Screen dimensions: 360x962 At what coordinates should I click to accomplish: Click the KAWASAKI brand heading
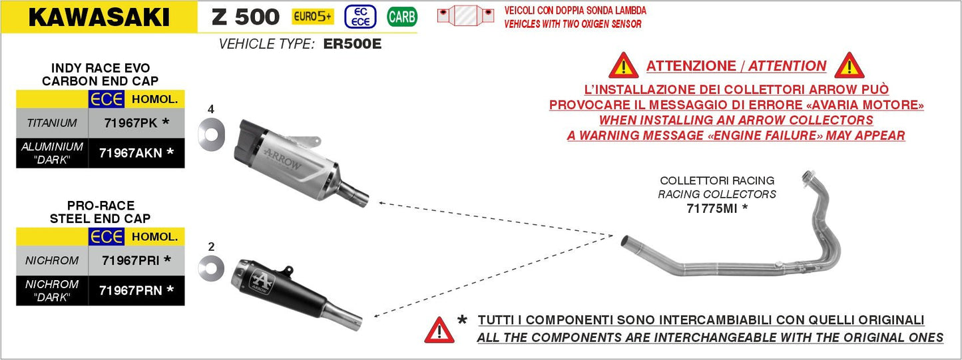coord(99,17)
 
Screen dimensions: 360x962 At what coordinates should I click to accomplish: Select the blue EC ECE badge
coord(360,17)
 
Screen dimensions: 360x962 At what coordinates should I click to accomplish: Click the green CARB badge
coord(401,17)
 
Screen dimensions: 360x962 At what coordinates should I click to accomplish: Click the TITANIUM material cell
coord(52,123)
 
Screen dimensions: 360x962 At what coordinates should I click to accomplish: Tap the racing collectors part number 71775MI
coord(717,208)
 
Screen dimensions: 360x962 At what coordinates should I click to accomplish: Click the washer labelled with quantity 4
coord(211,132)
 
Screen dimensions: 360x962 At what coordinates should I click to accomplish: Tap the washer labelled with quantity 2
coord(211,268)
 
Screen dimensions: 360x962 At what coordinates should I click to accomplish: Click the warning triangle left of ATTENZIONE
coord(623,65)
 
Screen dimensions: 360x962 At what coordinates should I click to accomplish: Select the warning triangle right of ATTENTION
coord(849,65)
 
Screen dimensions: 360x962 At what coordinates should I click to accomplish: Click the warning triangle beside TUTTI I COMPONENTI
coord(439,329)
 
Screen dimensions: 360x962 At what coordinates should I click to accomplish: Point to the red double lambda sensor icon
coord(465,15)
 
